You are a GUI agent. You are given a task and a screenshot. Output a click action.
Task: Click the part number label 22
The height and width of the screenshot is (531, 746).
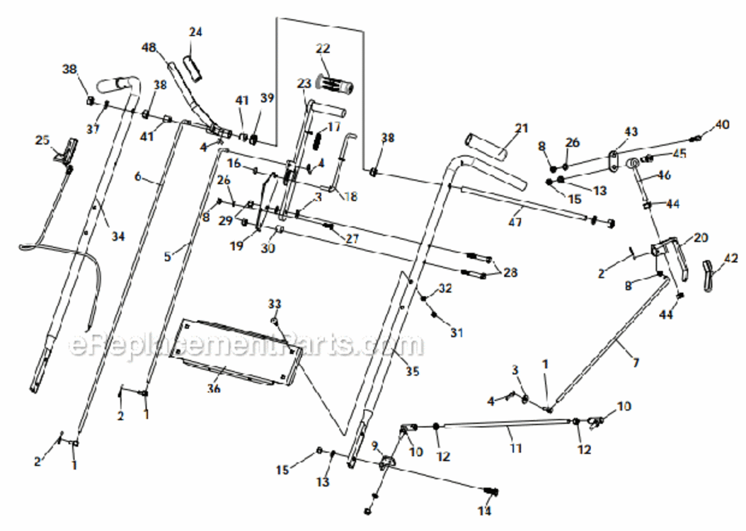tap(323, 49)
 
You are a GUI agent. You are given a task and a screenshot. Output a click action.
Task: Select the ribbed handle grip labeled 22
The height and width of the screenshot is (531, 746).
tap(337, 85)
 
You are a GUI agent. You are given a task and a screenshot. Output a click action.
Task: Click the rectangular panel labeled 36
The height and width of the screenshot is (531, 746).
tap(237, 350)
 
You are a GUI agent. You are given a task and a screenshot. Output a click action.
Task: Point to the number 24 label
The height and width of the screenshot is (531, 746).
tap(195, 32)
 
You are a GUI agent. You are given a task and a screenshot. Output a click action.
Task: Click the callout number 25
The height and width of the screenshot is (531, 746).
tap(42, 139)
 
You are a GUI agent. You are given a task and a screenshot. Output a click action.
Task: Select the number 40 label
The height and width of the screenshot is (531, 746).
tap(721, 125)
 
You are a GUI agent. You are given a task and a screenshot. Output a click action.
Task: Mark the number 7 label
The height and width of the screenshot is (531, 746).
tap(635, 363)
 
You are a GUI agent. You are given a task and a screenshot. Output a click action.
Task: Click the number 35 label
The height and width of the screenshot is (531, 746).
tap(412, 370)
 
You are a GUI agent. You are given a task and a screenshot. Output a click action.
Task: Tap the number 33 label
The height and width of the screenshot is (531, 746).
tap(275, 304)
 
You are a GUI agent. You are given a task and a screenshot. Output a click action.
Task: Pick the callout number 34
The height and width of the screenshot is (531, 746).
tap(117, 236)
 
